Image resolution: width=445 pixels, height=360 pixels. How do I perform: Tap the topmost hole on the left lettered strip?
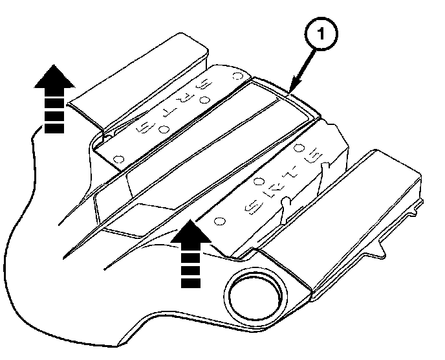237,76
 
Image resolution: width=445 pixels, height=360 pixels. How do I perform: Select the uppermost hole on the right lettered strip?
299,148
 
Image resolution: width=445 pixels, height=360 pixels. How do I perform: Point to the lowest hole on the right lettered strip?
219,221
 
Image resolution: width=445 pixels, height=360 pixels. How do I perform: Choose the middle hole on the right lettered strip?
258,182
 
